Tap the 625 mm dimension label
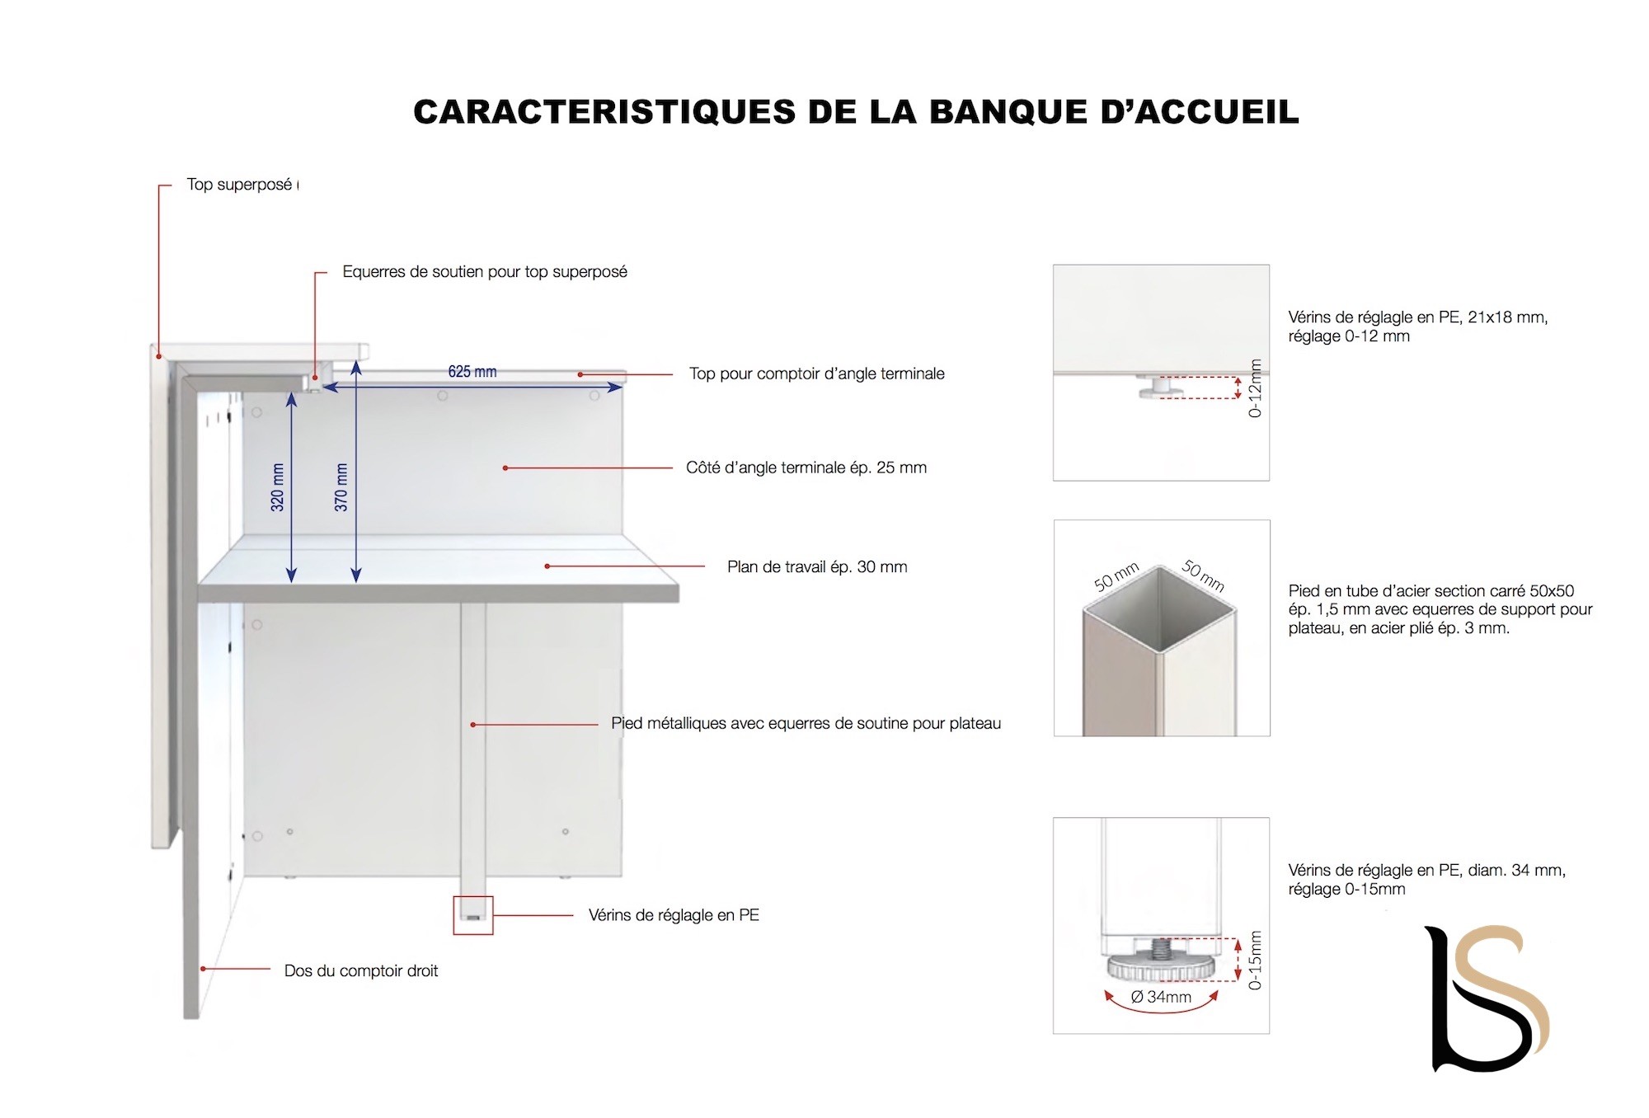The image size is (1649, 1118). tap(472, 372)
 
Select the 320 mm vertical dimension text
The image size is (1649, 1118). tap(278, 487)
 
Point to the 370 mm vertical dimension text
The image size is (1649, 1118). tap(341, 487)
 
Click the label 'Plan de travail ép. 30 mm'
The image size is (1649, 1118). tap(816, 567)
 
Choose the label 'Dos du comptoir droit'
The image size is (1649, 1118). tap(360, 971)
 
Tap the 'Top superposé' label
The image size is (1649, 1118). tap(239, 185)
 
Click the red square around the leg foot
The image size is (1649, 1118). tap(473, 915)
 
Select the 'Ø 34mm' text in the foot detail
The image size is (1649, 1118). tap(1161, 997)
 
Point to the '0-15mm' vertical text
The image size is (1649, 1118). tap(1255, 961)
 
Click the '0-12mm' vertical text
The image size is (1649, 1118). tap(1255, 388)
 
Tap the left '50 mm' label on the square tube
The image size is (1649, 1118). tap(1116, 576)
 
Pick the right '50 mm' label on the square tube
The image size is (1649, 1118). tap(1203, 575)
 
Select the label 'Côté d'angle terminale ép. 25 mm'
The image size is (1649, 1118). tap(806, 468)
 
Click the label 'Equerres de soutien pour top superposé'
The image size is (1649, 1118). tap(484, 272)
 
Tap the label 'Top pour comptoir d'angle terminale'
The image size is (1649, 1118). tap(816, 374)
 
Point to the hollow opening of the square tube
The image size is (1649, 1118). tap(1160, 610)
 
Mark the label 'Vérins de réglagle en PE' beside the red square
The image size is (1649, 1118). tap(673, 915)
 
